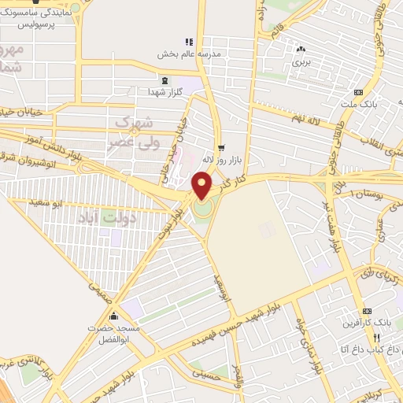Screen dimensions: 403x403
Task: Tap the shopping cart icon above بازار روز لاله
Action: (221, 146)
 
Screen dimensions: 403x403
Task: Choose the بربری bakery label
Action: (301, 60)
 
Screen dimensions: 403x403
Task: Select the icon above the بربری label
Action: (301, 47)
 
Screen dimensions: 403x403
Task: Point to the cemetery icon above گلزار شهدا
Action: (164, 80)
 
